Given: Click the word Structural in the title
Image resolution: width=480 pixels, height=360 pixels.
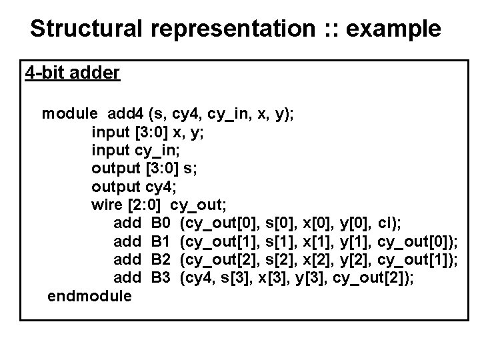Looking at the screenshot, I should pyautogui.click(x=88, y=29).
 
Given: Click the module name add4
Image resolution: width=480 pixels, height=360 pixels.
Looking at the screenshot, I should pyautogui.click(x=125, y=113).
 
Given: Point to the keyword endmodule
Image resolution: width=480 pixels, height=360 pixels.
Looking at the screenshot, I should pyautogui.click(x=90, y=295).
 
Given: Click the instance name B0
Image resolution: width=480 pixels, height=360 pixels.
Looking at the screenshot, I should pyautogui.click(x=162, y=222).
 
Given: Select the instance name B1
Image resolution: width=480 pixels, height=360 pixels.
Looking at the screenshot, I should pyautogui.click(x=162, y=240).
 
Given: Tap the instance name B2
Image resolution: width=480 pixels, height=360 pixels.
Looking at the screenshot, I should pyautogui.click(x=162, y=258).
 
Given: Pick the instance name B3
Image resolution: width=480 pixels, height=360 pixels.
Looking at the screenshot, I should pyautogui.click(x=162, y=276).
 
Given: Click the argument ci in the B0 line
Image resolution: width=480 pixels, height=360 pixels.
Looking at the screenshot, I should pyautogui.click(x=388, y=222).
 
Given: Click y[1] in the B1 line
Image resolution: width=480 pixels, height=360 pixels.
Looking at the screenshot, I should pyautogui.click(x=355, y=240).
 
